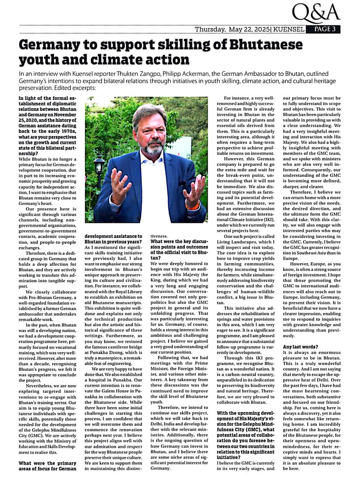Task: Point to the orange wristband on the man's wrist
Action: [x=192, y=205]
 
